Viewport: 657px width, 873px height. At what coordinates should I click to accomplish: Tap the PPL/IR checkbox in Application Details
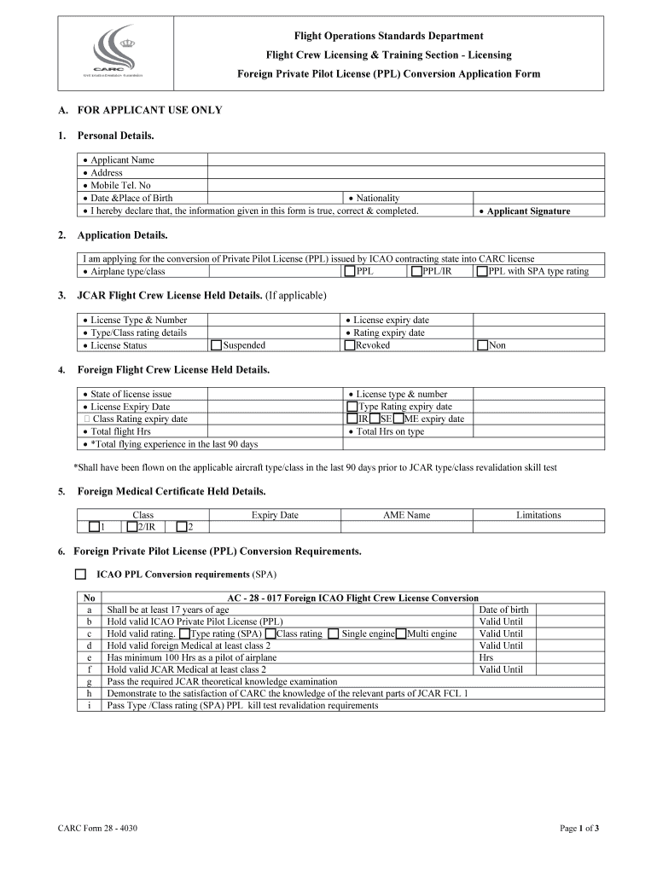pyautogui.click(x=416, y=272)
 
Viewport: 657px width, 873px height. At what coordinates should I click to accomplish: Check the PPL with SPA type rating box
pyautogui.click(x=482, y=272)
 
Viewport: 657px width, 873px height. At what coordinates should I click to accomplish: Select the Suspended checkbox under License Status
pyautogui.click(x=216, y=345)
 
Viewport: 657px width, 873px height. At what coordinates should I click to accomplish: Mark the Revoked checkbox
pyautogui.click(x=350, y=345)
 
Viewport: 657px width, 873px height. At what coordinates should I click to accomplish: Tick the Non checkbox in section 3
pyautogui.click(x=482, y=345)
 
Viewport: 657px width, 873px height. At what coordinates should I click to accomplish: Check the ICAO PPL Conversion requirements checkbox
pyautogui.click(x=80, y=575)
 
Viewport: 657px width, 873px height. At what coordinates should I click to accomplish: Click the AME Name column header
pyautogui.click(x=406, y=515)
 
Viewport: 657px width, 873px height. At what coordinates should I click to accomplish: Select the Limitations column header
pyautogui.click(x=538, y=515)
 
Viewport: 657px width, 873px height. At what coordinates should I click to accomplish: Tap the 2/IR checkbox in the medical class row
pyautogui.click(x=131, y=527)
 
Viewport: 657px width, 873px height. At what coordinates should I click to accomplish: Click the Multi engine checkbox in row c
pyautogui.click(x=401, y=633)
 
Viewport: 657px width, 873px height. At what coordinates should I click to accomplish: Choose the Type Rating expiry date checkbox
pyautogui.click(x=352, y=407)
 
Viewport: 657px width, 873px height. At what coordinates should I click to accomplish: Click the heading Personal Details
pyautogui.click(x=115, y=136)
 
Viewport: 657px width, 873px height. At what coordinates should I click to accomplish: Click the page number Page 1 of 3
pyautogui.click(x=579, y=828)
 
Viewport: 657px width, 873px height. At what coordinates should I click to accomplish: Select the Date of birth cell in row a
pyautogui.click(x=503, y=610)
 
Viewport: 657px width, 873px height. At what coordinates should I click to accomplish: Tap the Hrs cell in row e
pyautogui.click(x=486, y=657)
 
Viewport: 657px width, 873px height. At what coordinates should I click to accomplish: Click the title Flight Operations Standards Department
pyautogui.click(x=388, y=36)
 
